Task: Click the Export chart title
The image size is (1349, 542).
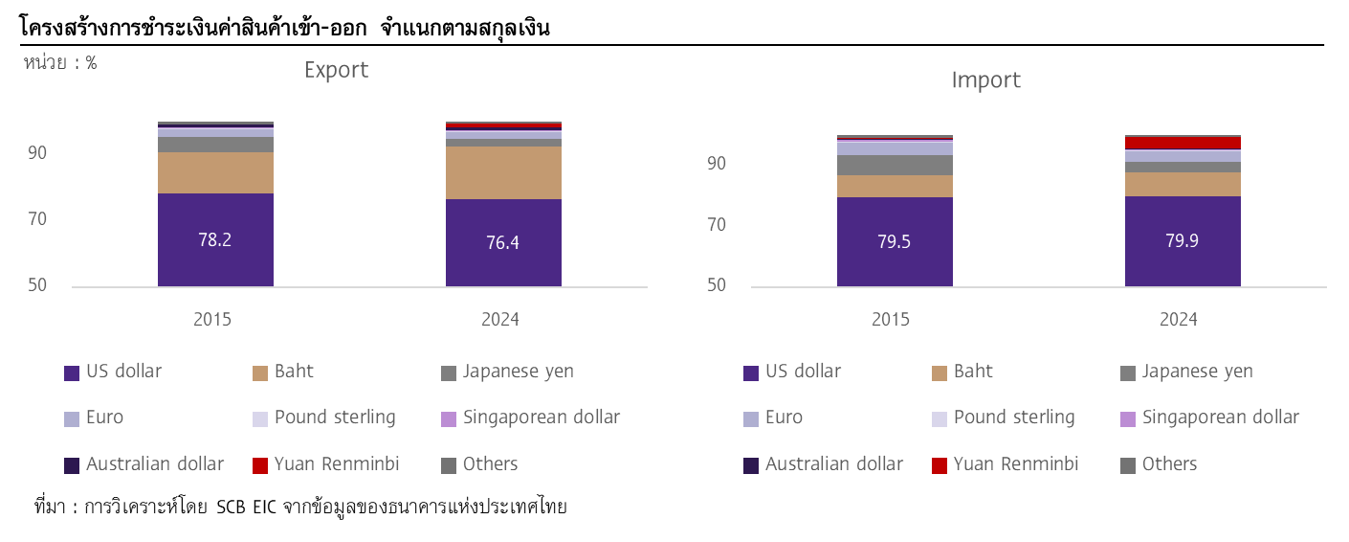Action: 336,70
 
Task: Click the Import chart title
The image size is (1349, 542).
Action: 985,80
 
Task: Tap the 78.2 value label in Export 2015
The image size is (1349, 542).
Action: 215,239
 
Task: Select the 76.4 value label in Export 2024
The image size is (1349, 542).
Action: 503,242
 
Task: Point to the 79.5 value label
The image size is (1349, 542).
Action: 895,241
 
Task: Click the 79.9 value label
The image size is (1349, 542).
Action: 1183,240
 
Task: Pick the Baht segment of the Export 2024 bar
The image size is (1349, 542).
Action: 503,172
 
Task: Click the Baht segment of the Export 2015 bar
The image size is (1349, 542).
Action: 215,172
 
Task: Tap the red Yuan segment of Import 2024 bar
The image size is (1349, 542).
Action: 1183,144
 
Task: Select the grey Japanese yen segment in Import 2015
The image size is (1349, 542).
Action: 895,165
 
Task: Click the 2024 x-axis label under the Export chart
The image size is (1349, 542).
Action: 500,319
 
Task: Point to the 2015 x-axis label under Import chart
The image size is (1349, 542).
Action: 891,319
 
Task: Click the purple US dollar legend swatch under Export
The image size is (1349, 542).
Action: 72,373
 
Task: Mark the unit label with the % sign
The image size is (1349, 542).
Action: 59,63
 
